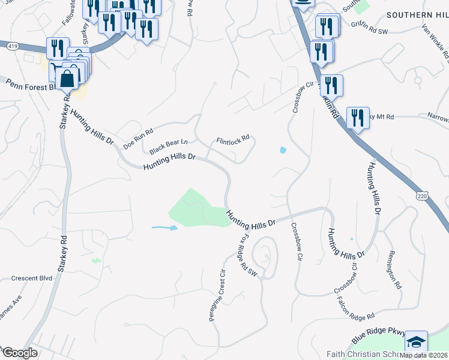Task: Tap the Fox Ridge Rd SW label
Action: [249, 256]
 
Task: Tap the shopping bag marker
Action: [67, 77]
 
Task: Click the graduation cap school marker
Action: [416, 341]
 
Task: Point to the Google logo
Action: [20, 352]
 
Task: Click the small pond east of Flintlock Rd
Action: [283, 150]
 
